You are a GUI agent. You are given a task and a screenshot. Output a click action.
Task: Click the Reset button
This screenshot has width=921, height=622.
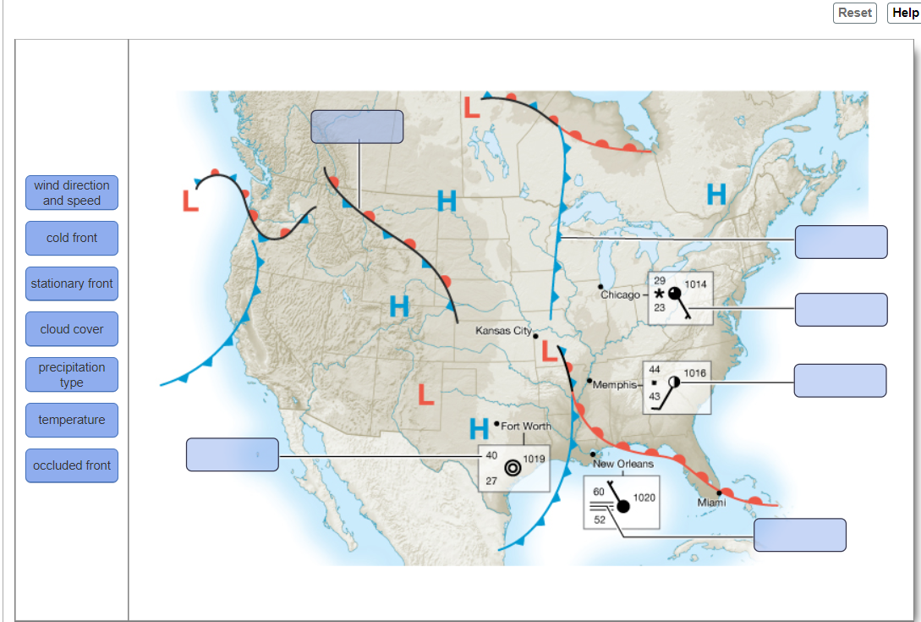(854, 13)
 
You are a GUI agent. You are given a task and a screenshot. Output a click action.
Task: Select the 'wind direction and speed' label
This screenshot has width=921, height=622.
(72, 193)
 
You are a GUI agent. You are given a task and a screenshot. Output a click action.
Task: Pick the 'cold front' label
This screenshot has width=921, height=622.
(72, 238)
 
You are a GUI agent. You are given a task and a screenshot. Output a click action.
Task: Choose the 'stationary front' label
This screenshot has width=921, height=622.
(72, 283)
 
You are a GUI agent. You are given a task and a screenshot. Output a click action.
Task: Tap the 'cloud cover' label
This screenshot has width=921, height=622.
(72, 329)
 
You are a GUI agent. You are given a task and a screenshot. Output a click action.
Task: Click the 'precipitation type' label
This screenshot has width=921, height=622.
(72, 375)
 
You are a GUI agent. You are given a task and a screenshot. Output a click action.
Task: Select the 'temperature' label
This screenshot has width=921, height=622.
(72, 420)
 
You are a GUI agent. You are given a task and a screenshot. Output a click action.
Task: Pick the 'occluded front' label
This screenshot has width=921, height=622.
(72, 465)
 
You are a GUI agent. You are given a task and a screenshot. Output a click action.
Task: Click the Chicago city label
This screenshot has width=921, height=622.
(621, 294)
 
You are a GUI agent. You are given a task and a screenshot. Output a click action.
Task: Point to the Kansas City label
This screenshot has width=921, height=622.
(503, 330)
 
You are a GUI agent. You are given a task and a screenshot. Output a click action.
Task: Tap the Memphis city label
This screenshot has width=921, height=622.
(614, 385)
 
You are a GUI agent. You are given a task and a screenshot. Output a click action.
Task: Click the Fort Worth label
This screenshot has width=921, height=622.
(526, 426)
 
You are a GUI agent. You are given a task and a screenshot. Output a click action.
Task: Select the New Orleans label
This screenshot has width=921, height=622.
(623, 464)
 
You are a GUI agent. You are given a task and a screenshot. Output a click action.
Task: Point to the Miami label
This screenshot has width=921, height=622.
(711, 503)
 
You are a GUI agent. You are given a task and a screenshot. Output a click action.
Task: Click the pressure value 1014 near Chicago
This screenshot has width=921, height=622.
(695, 285)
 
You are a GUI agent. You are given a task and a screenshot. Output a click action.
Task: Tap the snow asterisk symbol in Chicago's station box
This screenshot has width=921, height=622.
(659, 293)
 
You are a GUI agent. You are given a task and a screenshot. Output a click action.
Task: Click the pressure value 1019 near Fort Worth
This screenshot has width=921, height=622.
(535, 458)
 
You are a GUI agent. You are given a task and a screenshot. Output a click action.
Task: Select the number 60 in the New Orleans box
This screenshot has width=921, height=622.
(599, 492)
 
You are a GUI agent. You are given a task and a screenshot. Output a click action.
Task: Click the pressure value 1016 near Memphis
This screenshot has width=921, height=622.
(695, 373)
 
